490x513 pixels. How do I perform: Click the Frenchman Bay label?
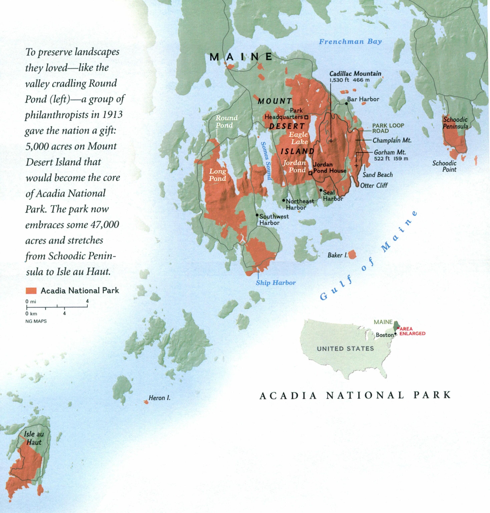click(x=350, y=42)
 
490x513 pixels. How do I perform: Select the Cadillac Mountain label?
click(x=355, y=74)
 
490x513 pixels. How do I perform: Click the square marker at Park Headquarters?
click(x=306, y=117)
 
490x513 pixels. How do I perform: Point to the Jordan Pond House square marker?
click(x=310, y=173)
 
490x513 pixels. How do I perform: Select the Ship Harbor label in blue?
click(x=276, y=283)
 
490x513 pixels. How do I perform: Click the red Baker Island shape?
click(x=352, y=254)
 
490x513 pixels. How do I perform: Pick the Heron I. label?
click(x=159, y=398)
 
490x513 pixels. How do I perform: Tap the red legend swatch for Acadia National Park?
click(x=31, y=291)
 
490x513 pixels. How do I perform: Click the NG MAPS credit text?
click(x=36, y=321)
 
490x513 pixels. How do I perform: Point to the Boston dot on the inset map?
click(x=395, y=334)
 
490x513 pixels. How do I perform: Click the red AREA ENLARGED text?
click(x=412, y=331)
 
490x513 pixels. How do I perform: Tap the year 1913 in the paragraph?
click(x=113, y=115)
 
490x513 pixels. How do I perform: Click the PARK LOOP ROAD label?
click(x=388, y=128)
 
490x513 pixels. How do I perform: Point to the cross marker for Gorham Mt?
click(x=356, y=165)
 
